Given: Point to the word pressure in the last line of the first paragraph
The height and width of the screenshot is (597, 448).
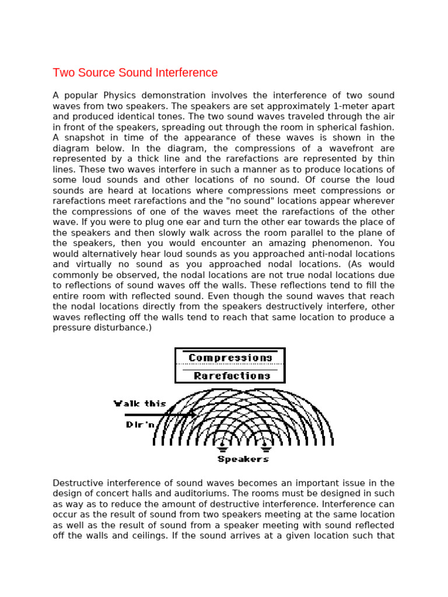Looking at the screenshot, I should coord(71,328).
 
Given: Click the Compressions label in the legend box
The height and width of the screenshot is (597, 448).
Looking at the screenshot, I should coord(230,358).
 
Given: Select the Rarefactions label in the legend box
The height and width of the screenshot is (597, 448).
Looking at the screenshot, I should coord(232,376).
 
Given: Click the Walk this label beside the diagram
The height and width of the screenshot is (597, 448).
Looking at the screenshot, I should coord(139,403).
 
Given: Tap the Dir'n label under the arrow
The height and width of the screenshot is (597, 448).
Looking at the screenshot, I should coord(140,424).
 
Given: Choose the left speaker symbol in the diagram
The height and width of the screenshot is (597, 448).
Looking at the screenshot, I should coord(222,447).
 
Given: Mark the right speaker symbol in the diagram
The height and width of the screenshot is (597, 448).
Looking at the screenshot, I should coord(265,447).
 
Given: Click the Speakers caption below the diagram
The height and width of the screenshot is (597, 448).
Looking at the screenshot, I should coord(243,459).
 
